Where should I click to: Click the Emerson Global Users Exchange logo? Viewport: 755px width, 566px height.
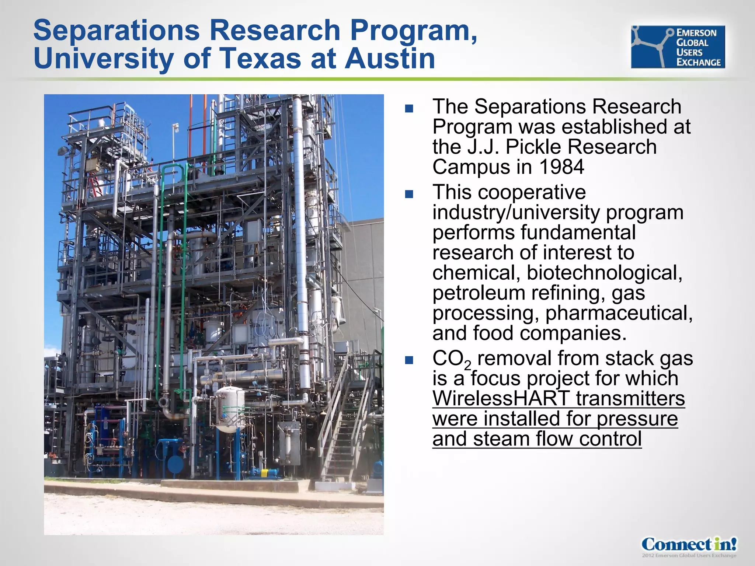678,47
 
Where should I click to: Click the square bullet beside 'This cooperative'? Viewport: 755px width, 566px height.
409,194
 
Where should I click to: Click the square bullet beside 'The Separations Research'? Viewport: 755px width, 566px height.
409,108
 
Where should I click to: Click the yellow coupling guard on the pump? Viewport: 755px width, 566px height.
264,472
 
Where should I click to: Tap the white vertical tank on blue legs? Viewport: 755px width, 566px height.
230,409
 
